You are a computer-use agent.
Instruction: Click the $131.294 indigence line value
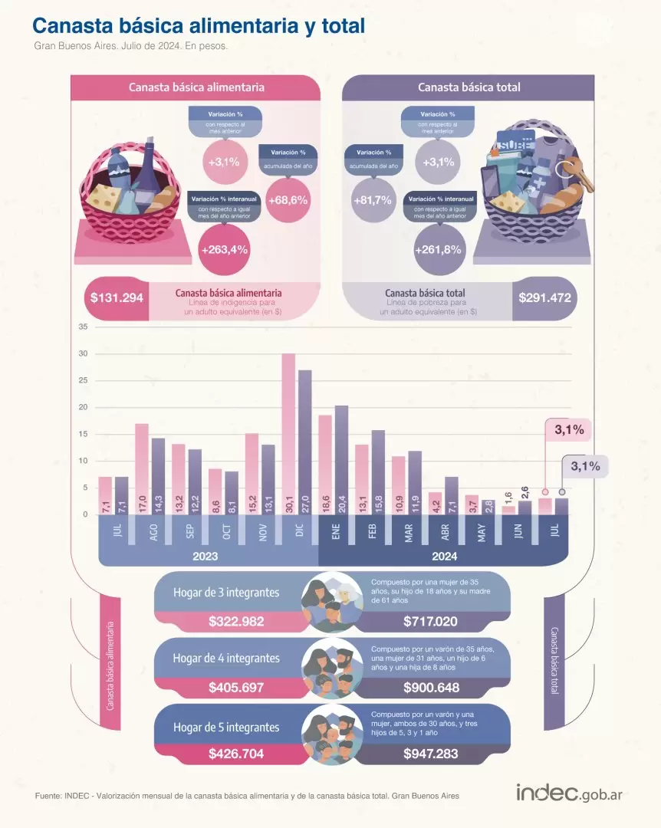click(117, 297)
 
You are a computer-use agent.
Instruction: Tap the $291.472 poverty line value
click(544, 297)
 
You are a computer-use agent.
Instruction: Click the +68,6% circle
click(288, 200)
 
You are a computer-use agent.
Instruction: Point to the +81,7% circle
click(373, 200)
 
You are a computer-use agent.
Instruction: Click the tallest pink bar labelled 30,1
click(288, 429)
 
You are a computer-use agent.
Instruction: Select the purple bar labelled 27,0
click(304, 437)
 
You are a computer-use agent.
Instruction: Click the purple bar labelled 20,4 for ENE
click(341, 456)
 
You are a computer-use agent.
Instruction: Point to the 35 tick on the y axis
click(84, 327)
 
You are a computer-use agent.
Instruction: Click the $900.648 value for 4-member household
click(431, 687)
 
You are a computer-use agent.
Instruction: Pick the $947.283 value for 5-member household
click(431, 754)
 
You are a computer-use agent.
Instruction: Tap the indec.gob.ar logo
click(568, 793)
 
